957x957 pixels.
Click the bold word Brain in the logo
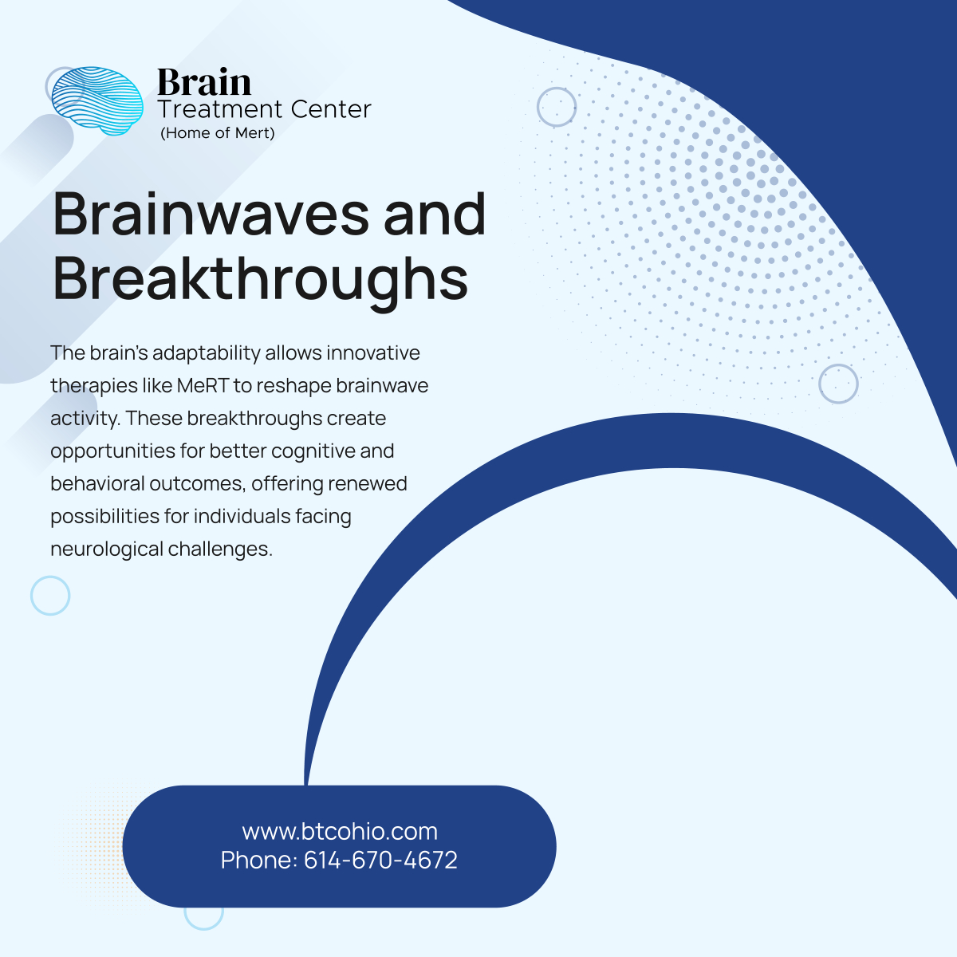(204, 83)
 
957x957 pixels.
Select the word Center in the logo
(330, 109)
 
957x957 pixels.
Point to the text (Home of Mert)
(218, 133)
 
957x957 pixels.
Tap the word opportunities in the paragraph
(112, 451)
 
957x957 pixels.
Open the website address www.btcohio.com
(340, 832)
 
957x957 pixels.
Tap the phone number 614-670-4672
(380, 861)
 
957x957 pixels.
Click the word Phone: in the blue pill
(258, 861)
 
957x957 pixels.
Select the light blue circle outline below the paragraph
(50, 596)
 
